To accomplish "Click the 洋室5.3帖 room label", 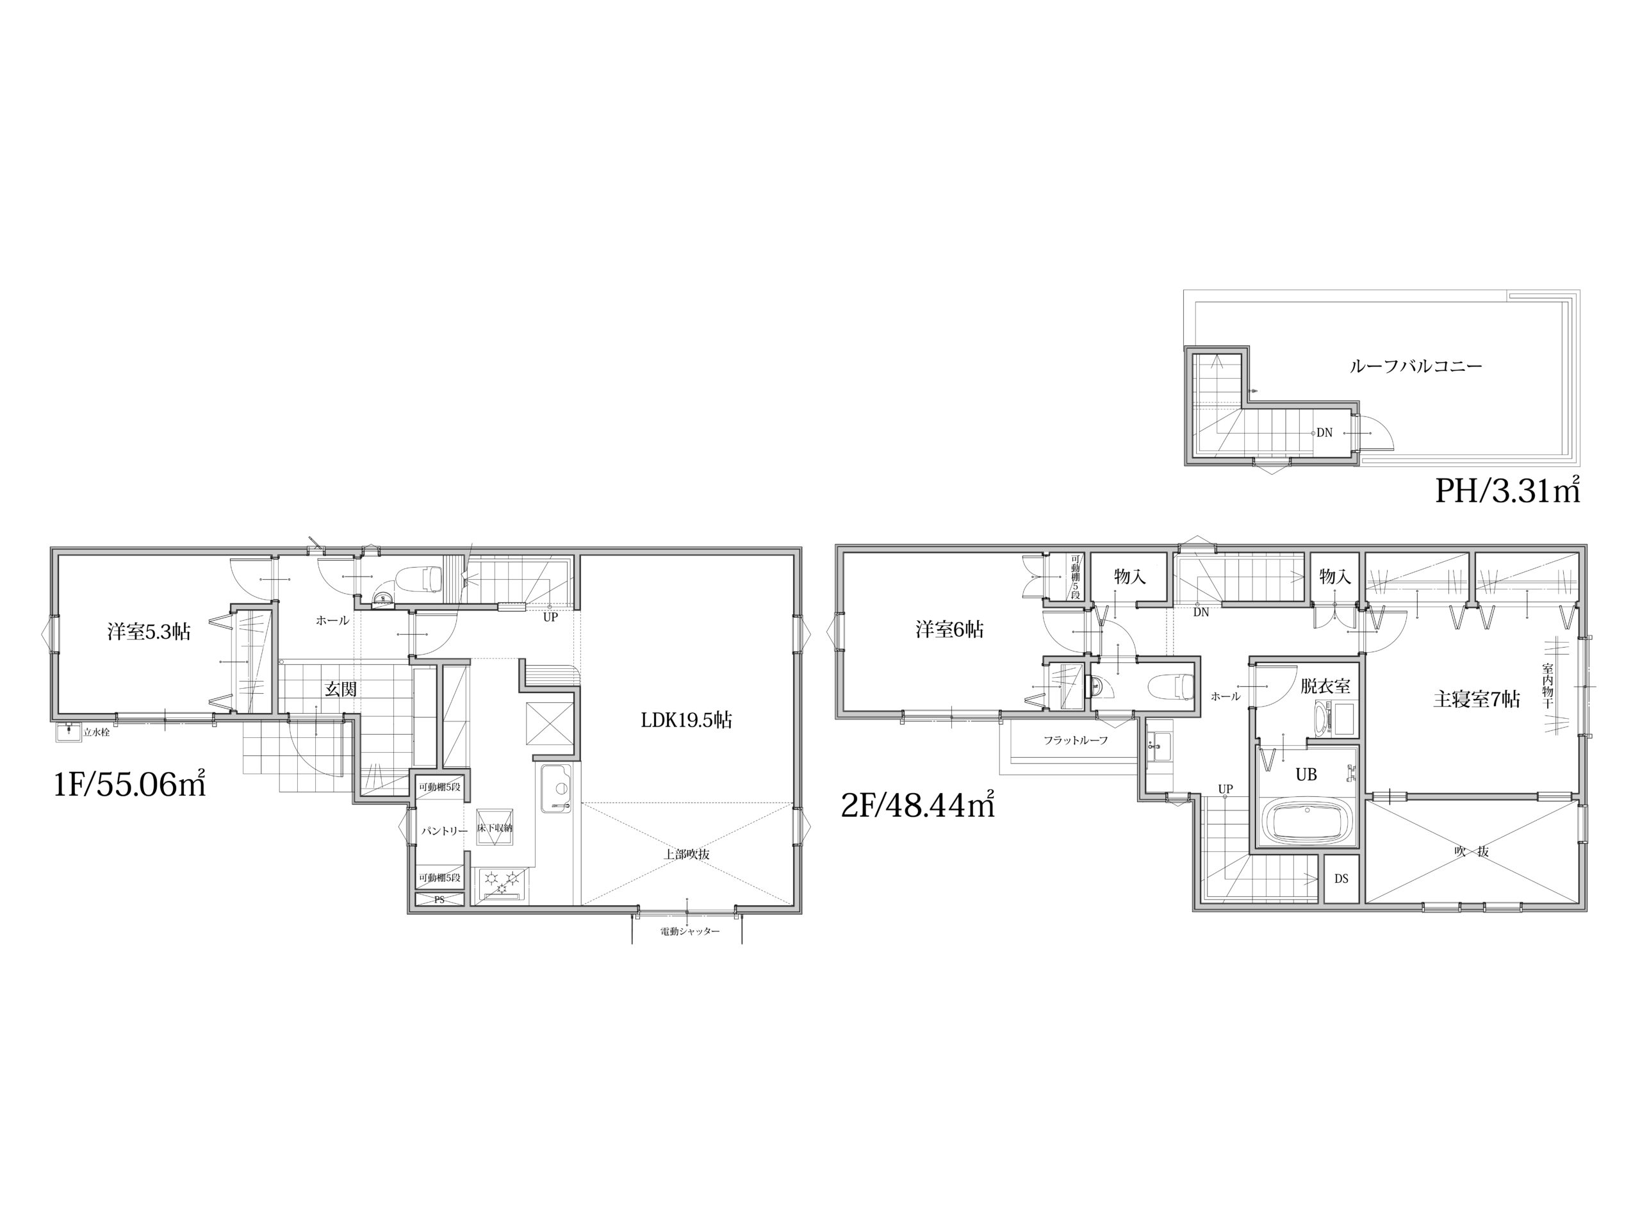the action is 149,632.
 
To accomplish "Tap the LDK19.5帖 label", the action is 687,720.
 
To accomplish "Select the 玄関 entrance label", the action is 341,689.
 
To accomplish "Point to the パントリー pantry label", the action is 445,831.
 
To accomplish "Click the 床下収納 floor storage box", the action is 495,826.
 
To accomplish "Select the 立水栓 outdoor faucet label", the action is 96,732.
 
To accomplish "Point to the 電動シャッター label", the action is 689,931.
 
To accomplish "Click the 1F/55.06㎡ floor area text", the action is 130,784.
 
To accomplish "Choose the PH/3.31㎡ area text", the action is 1507,490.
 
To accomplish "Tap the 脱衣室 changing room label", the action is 1325,686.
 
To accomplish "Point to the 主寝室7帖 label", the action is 1477,699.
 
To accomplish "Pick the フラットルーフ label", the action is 1075,740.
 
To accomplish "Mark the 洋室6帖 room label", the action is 950,630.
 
